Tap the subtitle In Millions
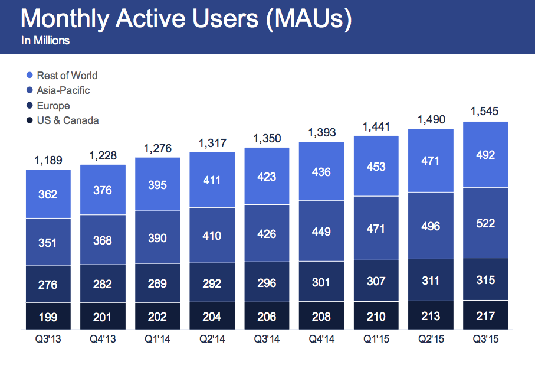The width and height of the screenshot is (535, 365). [45, 41]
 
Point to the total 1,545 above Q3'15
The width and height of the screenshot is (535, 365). [486, 111]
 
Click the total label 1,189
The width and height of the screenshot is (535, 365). [48, 160]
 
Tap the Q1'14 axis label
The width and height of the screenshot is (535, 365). [157, 340]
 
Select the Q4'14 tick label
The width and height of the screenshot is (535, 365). [322, 340]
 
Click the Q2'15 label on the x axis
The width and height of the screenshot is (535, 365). [431, 340]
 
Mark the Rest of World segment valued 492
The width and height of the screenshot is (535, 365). [486, 155]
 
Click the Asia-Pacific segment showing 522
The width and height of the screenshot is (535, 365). [486, 223]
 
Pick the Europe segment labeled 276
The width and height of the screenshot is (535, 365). [48, 285]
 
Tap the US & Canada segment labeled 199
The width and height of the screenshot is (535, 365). [48, 317]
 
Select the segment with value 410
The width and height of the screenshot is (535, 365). [212, 236]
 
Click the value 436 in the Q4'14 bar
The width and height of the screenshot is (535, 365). [322, 172]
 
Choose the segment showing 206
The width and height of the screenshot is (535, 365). [267, 317]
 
